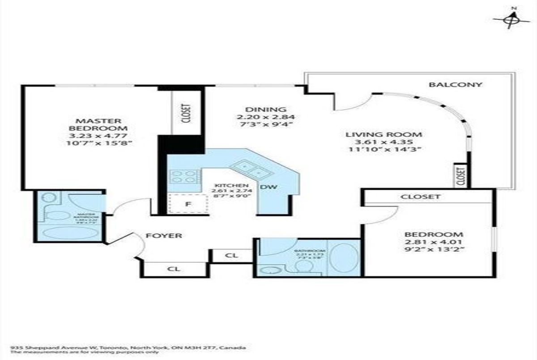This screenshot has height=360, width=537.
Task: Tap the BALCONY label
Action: point(455,85)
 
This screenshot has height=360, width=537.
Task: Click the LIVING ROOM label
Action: point(384,134)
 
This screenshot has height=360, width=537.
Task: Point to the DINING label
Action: point(265,110)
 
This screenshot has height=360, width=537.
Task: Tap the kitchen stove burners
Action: point(183,177)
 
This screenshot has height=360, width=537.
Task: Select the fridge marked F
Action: point(188,205)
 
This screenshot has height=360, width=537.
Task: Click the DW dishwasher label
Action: point(267,187)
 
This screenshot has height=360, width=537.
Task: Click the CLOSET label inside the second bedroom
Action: point(420,197)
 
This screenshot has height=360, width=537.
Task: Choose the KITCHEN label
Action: point(230,185)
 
